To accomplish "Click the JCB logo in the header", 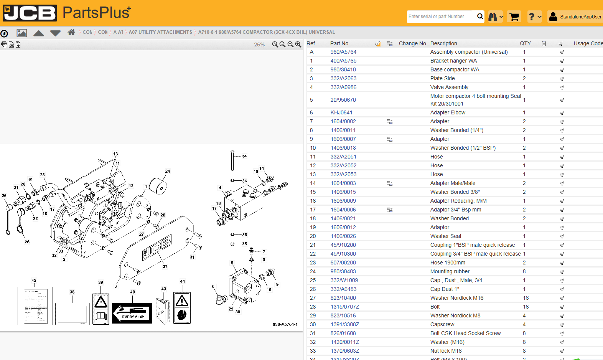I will point(30,13).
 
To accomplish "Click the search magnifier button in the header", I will point(480,17).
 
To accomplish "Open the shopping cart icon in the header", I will point(514,17).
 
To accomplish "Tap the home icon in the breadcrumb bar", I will point(71,32).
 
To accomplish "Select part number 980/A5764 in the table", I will point(343,52).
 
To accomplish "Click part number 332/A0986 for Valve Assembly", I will point(343,87).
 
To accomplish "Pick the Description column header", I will point(443,43).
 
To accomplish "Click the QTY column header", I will point(525,43).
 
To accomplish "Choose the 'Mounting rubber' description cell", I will point(450,271).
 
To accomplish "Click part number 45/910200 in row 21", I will point(343,245).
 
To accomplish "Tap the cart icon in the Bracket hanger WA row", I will point(562,61).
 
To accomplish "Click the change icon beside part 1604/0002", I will point(389,122).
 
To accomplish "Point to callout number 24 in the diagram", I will point(168,171).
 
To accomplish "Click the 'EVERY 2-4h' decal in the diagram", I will point(132,313).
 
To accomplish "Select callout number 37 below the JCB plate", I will point(165,266).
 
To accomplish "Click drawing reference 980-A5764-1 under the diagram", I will point(285,324).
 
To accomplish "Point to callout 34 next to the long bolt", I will point(244,156).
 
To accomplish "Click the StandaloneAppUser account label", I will point(580,17).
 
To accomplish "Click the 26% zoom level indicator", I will point(259,45).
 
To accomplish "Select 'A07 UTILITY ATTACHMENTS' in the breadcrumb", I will point(160,32).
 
